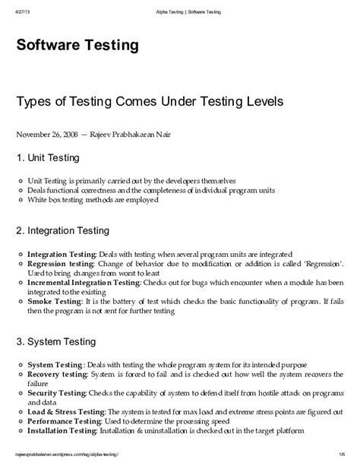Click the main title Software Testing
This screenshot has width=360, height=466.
(x=77, y=46)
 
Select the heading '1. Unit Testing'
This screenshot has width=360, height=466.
(x=50, y=158)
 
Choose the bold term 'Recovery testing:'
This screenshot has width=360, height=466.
(x=58, y=375)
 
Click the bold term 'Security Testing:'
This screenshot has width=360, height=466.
(x=57, y=395)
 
